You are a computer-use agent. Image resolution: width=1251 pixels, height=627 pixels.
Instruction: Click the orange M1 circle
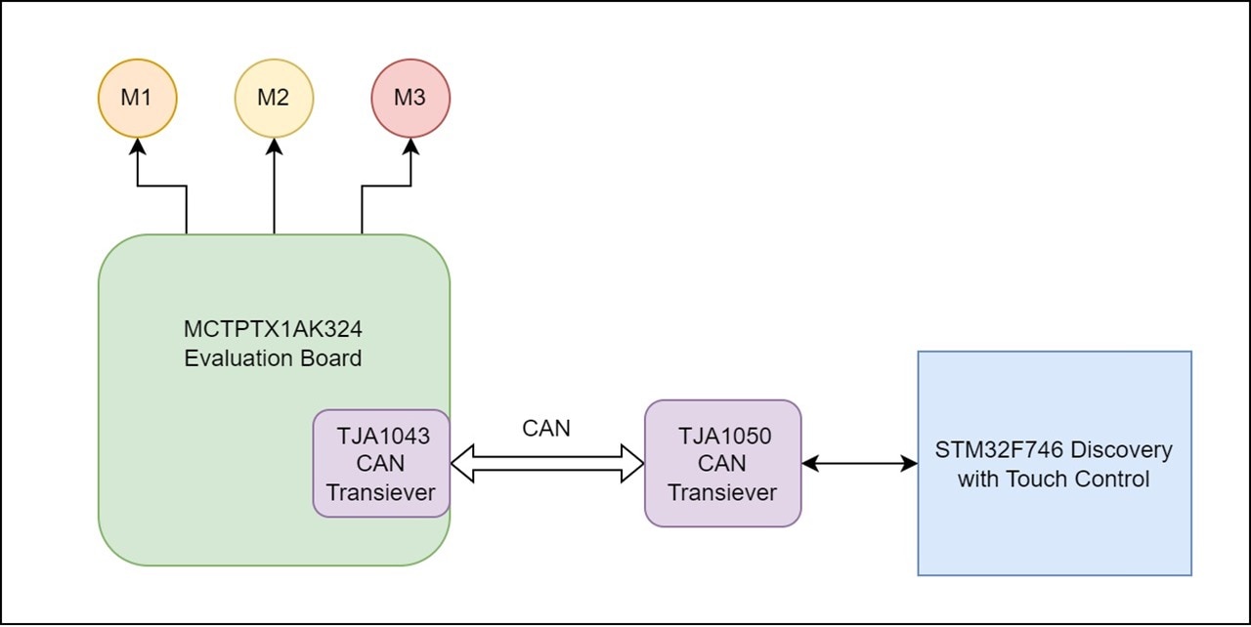point(137,98)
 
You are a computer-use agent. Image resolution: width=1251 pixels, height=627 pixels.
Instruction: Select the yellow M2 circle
point(274,98)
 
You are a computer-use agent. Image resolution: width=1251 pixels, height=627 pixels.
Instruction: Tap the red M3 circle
point(410,98)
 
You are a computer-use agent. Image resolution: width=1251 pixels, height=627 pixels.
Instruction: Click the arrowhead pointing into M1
point(137,146)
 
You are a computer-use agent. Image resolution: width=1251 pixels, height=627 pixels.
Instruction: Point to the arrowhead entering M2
point(274,146)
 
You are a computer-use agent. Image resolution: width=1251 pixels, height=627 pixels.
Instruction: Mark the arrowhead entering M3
point(410,146)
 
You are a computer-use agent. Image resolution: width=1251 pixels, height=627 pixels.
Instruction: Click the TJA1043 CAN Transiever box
point(381,463)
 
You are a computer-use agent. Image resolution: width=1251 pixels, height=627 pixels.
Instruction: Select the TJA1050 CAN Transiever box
point(723,463)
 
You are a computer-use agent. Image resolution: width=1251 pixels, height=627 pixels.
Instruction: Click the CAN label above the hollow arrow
point(546,428)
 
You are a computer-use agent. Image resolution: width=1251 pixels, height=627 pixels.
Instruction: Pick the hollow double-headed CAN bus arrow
point(547,463)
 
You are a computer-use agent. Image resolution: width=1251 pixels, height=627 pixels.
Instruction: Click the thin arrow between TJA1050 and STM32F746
point(859,463)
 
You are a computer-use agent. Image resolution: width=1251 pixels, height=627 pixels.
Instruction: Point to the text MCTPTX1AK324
point(274,329)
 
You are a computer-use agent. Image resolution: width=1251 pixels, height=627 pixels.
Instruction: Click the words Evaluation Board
point(274,358)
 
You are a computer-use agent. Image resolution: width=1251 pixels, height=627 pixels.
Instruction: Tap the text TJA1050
point(724,437)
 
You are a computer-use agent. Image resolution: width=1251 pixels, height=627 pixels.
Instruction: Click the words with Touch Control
point(1054,480)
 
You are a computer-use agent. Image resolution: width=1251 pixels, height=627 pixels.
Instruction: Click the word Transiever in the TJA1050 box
point(723,492)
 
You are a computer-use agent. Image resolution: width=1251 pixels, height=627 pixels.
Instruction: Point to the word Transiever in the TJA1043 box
point(381,492)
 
